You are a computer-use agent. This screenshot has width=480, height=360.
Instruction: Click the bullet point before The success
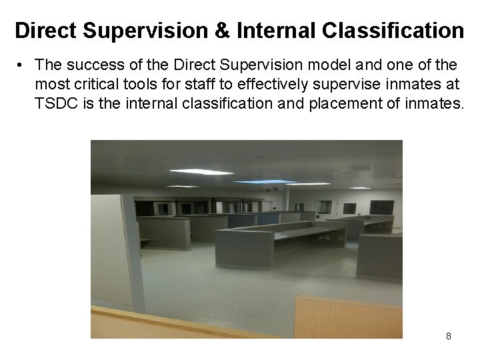(x=21, y=65)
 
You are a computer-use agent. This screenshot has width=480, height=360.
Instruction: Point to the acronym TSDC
(x=57, y=103)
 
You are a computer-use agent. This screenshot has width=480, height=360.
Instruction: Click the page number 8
(x=448, y=336)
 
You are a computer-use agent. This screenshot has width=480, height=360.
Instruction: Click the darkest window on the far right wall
(x=382, y=207)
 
